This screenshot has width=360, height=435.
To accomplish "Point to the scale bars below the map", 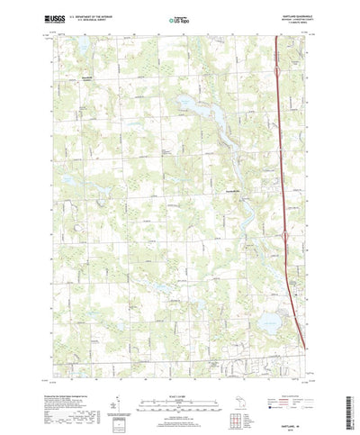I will (180, 379).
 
